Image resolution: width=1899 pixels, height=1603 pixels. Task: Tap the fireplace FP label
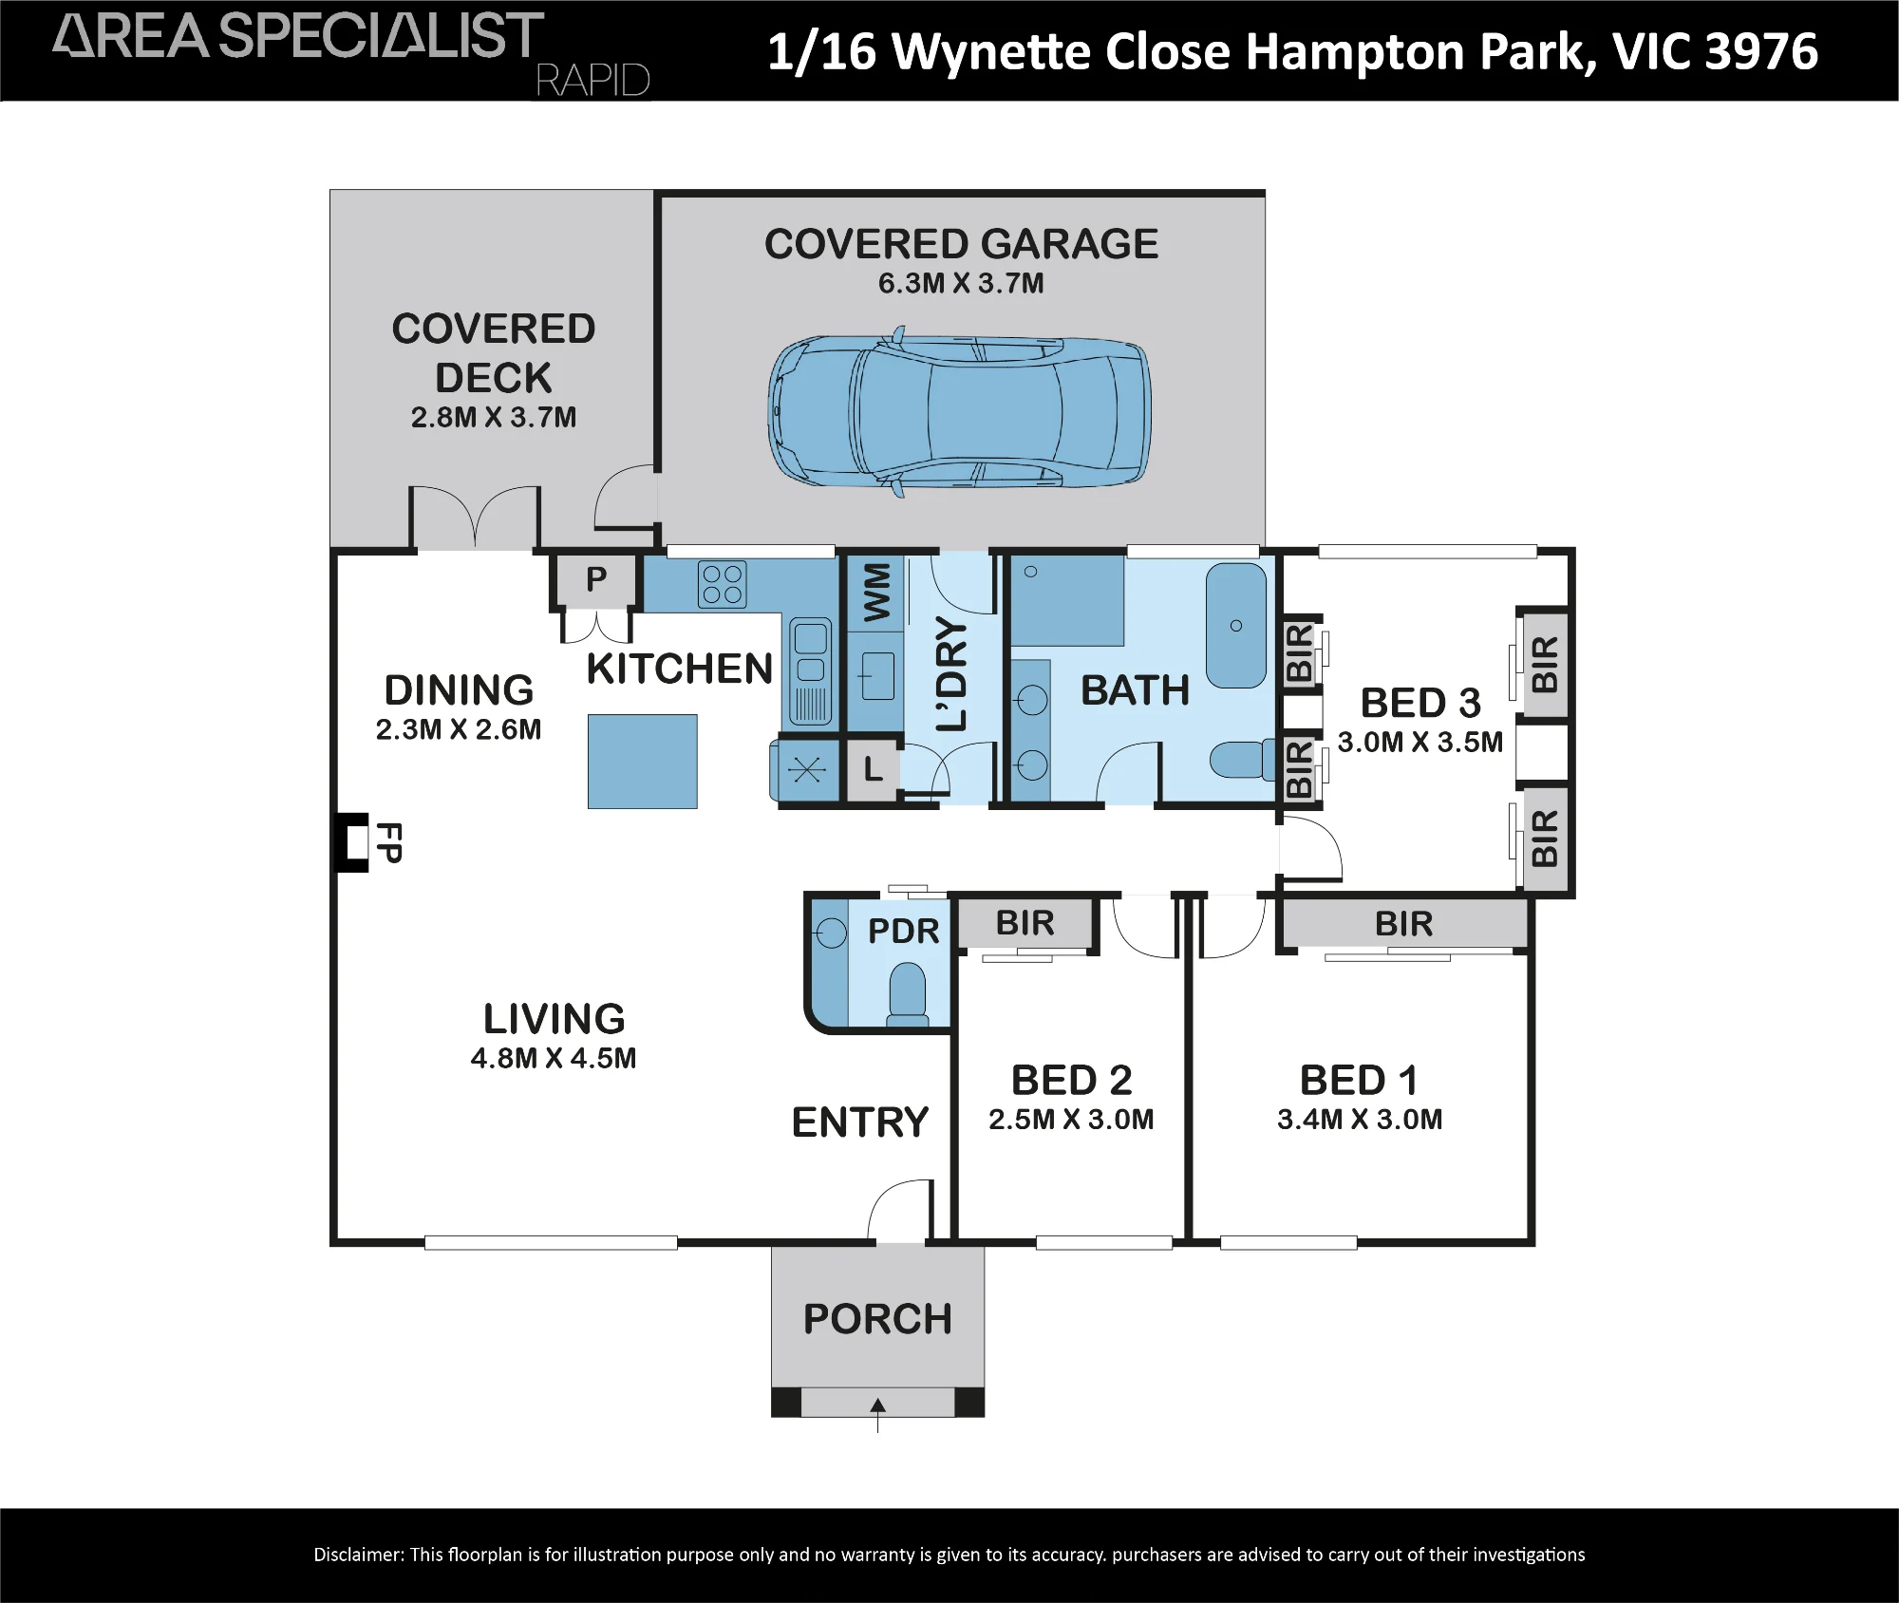tap(388, 842)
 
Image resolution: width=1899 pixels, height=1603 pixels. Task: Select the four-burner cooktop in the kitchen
tap(722, 584)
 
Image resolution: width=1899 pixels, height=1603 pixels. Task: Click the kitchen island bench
tap(643, 762)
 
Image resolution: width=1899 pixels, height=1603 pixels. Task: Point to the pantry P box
tap(595, 579)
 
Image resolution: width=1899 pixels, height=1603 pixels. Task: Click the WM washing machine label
tap(876, 593)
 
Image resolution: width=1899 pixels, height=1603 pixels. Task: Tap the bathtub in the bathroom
tap(1235, 625)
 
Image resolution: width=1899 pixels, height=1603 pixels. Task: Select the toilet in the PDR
tap(908, 993)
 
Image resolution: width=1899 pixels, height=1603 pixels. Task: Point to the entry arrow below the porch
tap(878, 1414)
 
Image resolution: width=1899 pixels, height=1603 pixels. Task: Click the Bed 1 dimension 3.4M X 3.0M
tap(1360, 1120)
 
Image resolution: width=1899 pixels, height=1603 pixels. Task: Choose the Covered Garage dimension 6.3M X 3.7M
tap(961, 283)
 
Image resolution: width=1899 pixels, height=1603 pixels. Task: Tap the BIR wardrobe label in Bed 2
tap(1025, 923)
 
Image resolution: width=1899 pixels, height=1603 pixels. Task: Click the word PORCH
tap(877, 1319)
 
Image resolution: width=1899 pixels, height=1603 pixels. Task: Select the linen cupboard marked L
tap(873, 768)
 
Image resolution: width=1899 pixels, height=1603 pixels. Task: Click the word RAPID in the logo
tap(593, 80)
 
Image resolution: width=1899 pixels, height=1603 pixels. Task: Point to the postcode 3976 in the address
tap(1761, 51)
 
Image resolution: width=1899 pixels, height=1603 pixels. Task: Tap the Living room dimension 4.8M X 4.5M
tap(554, 1058)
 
